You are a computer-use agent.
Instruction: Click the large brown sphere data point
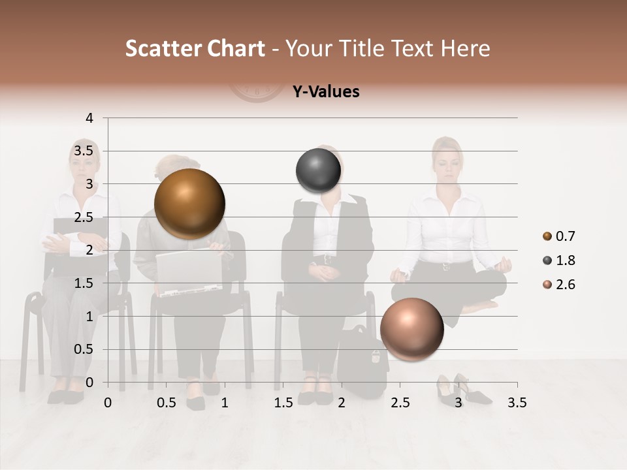tap(189, 204)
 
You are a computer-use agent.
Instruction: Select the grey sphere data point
tap(319, 171)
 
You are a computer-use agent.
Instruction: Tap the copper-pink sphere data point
tap(411, 330)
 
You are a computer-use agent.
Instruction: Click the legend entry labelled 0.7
tap(558, 236)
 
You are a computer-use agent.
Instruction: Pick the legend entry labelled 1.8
tap(558, 260)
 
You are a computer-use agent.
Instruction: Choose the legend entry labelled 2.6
tap(558, 285)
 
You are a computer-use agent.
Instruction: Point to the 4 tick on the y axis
tap(89, 118)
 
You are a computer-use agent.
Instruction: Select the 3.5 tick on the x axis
tap(517, 403)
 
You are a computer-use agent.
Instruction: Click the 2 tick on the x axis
tap(342, 403)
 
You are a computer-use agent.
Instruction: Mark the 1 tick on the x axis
tap(225, 403)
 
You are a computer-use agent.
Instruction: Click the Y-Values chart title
tap(326, 92)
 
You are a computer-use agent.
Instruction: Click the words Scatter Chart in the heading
tap(195, 48)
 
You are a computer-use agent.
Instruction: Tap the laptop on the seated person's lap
tap(188, 271)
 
